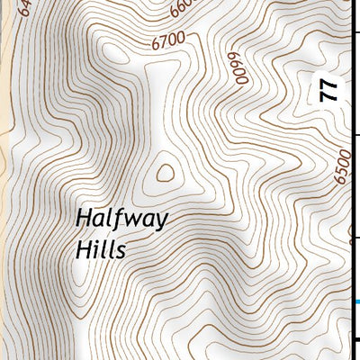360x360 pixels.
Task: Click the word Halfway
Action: [121, 220]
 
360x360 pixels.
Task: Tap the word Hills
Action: [101, 249]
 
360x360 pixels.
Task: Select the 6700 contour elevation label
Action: [167, 40]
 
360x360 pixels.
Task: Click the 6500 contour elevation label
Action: [341, 167]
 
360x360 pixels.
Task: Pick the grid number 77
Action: [329, 90]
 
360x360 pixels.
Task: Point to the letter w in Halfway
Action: [131, 220]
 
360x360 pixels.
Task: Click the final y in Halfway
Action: [160, 222]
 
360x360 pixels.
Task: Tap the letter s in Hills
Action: [120, 251]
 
